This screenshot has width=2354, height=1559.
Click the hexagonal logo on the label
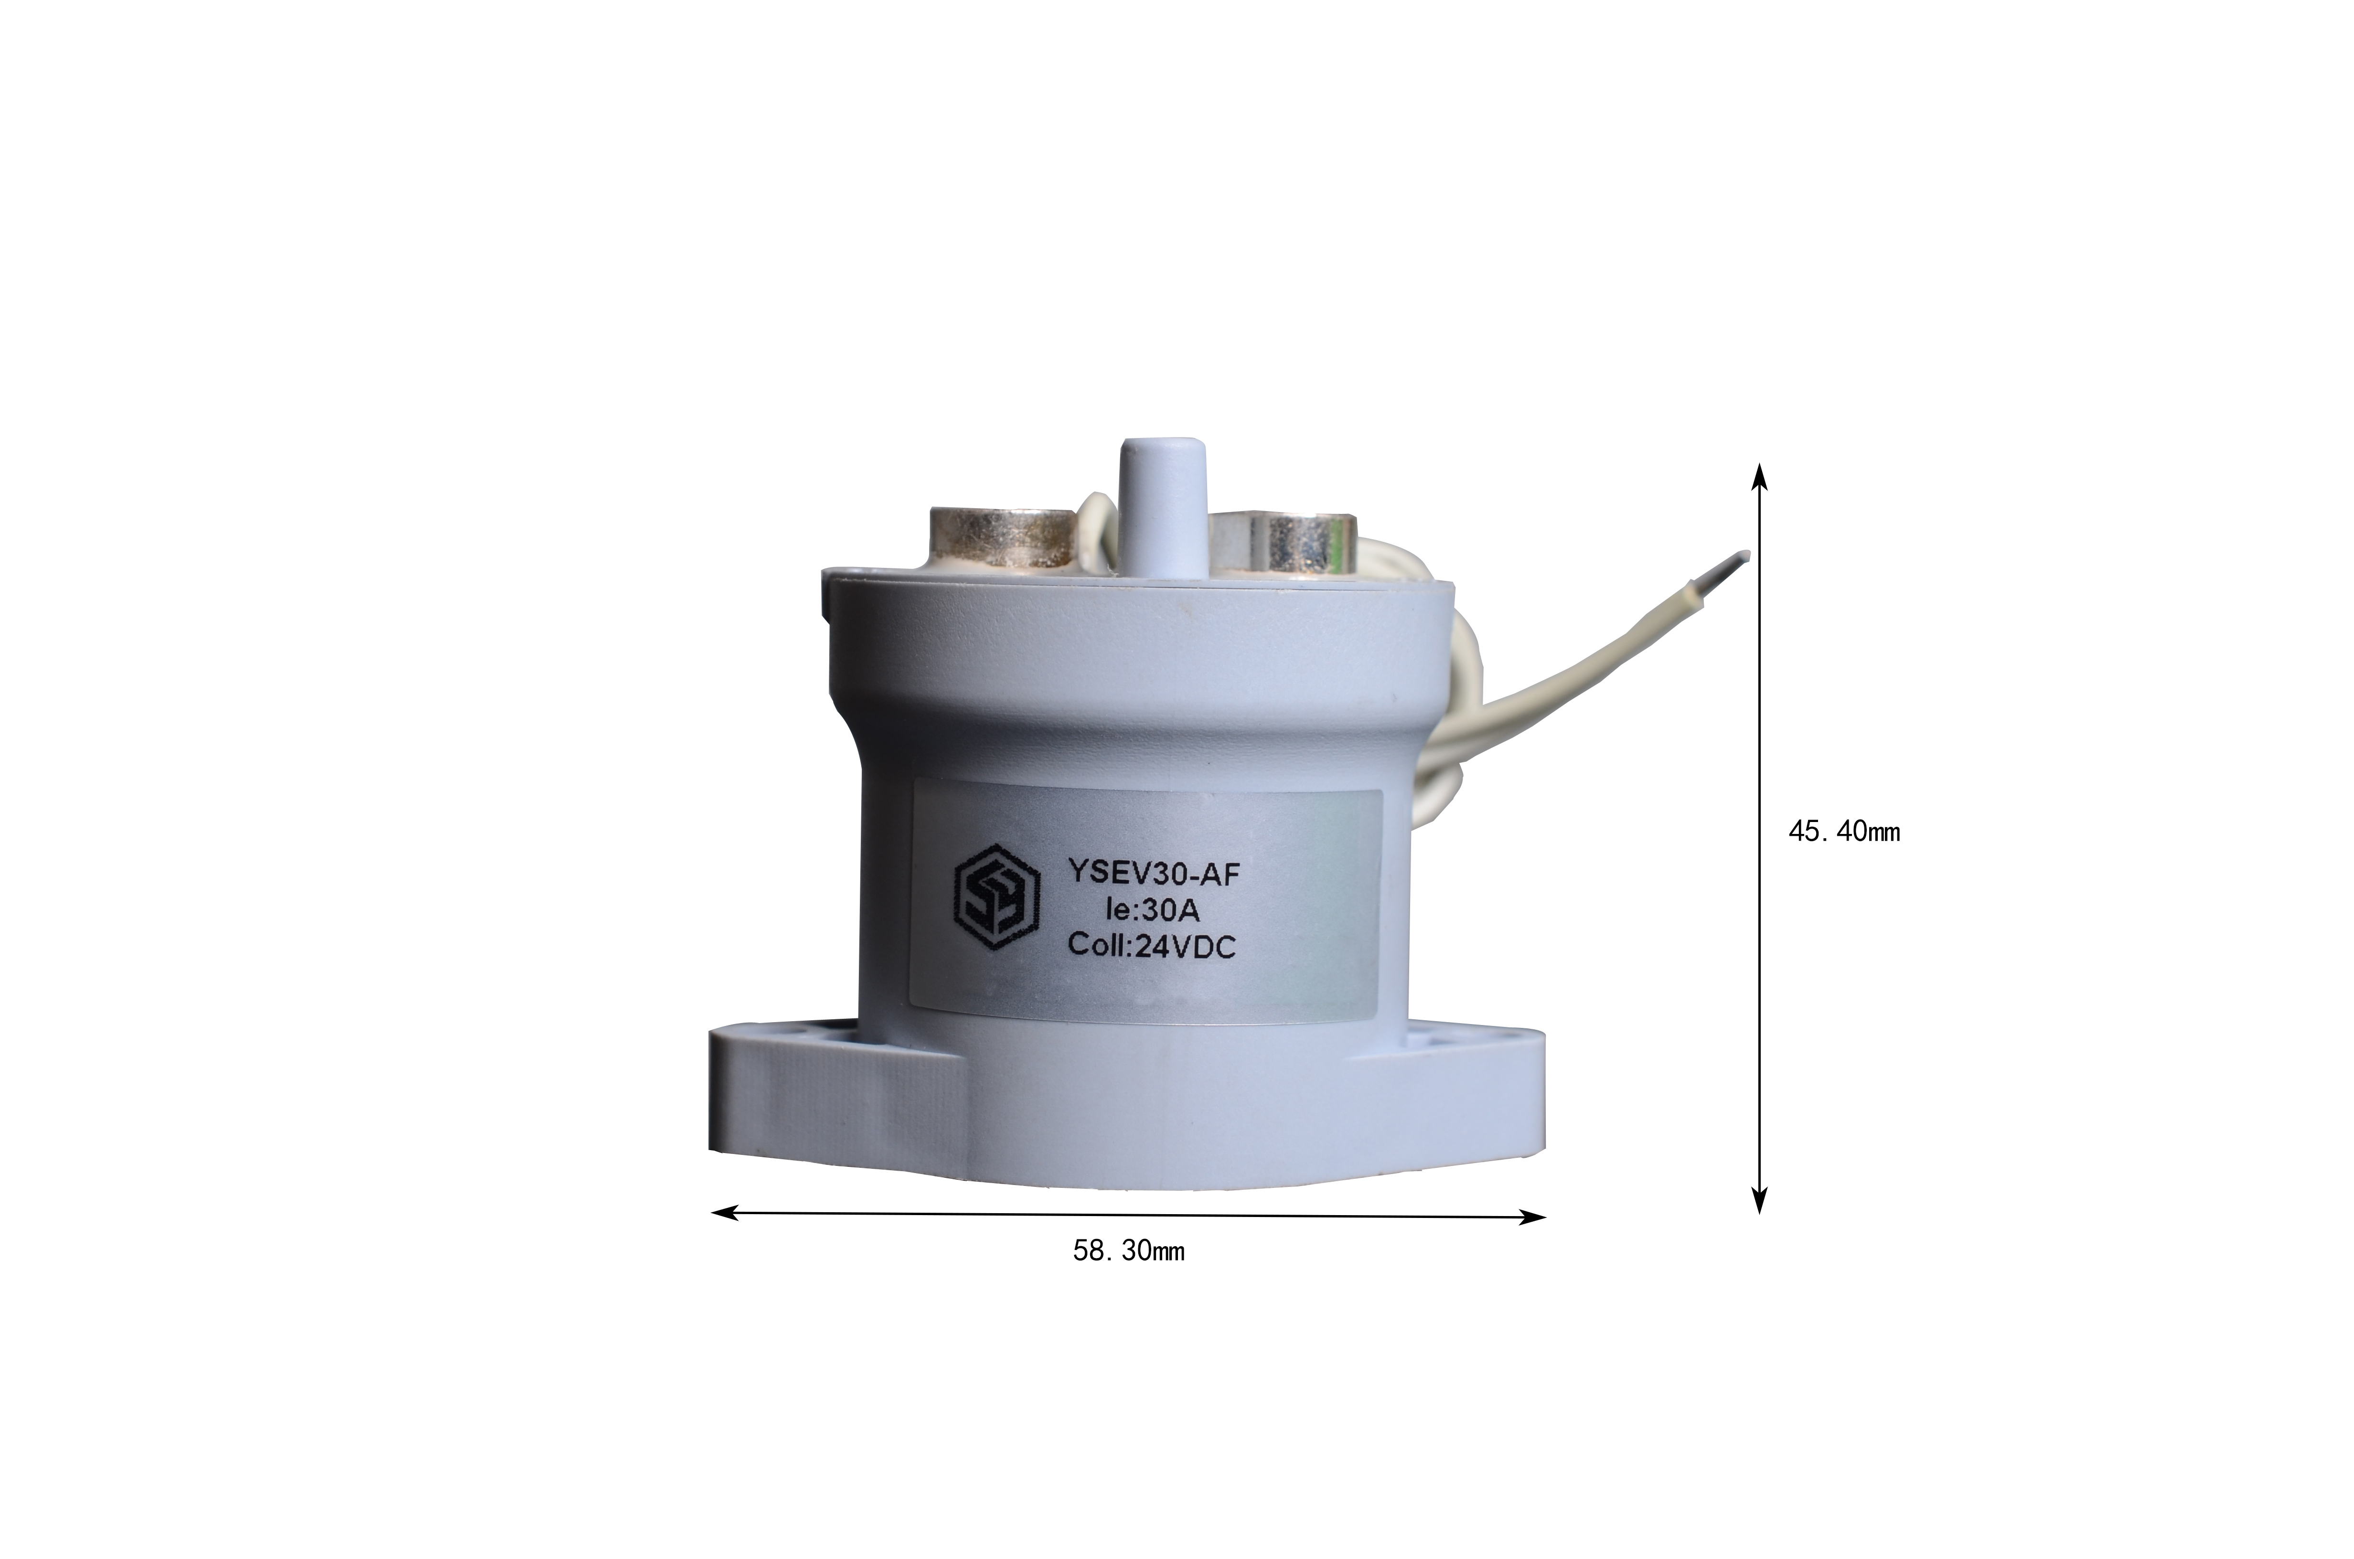point(997,898)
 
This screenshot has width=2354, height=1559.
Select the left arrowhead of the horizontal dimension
point(726,1211)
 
